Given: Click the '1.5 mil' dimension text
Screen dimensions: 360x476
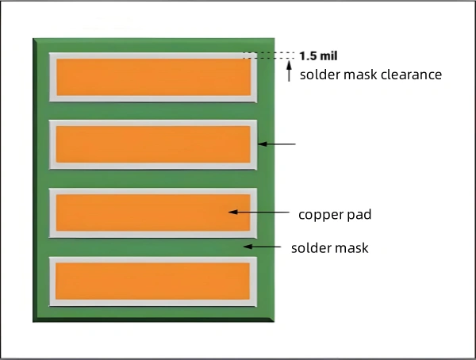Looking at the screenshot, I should point(314,56).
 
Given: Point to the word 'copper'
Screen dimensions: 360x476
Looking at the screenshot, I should point(319,214).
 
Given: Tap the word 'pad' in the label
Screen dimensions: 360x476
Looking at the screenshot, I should point(359,214).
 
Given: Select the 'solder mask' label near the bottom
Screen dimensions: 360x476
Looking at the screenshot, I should point(329,248).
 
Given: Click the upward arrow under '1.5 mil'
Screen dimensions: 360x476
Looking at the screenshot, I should point(288,72).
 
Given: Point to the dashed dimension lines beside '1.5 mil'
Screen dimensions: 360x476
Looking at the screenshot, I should point(267,56).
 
